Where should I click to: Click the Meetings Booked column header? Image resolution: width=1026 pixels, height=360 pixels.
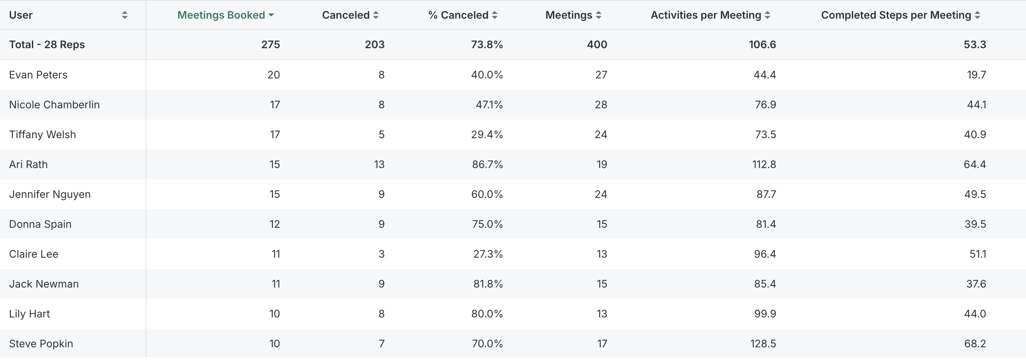click(x=221, y=15)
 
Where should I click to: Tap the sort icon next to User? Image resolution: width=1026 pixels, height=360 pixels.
click(x=125, y=15)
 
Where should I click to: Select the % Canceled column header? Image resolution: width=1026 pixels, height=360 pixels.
click(x=458, y=15)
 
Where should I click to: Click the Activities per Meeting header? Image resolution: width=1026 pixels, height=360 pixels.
click(x=706, y=15)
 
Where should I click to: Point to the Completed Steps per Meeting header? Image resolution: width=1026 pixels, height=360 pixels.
click(x=896, y=15)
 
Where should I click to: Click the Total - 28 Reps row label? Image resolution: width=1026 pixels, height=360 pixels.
click(x=47, y=44)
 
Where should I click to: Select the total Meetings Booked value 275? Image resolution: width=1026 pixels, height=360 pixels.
click(x=271, y=44)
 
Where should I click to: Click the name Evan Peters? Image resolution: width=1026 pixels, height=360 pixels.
click(x=38, y=75)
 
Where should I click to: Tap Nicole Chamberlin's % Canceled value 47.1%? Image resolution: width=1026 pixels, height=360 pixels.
click(x=489, y=105)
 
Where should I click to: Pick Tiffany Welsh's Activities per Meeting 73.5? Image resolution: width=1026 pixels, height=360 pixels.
click(x=765, y=134)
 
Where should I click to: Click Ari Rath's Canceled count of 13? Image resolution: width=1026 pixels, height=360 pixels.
click(x=379, y=164)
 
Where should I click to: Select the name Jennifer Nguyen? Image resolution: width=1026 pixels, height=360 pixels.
click(x=50, y=194)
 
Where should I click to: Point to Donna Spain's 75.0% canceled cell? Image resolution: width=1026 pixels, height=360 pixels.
click(x=487, y=224)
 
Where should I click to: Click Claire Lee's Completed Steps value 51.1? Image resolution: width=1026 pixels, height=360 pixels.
click(x=977, y=254)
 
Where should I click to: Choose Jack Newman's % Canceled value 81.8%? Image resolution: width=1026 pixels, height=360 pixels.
click(x=488, y=284)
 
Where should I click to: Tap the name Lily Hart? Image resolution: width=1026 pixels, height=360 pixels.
click(x=30, y=314)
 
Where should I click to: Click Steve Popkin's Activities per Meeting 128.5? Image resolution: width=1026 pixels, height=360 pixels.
click(x=763, y=344)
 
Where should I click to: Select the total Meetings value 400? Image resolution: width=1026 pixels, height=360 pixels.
click(x=597, y=44)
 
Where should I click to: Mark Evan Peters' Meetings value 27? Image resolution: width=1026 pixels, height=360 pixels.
click(x=601, y=75)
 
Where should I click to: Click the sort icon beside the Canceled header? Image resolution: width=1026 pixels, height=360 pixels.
click(x=376, y=15)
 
